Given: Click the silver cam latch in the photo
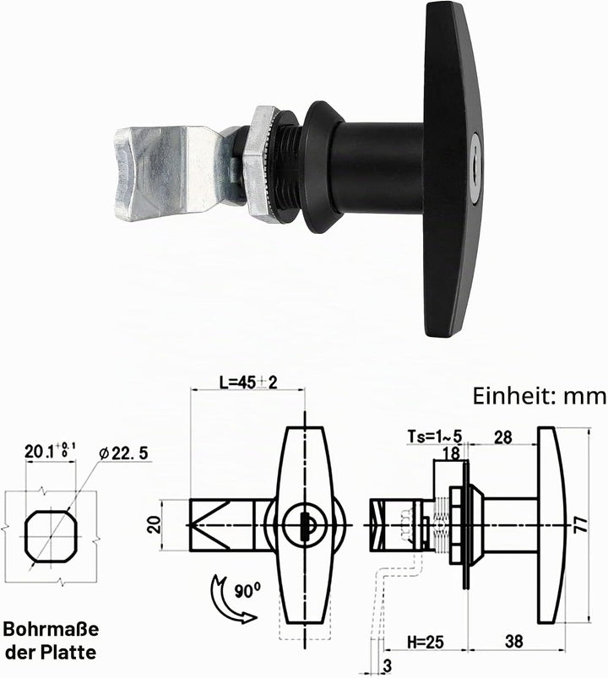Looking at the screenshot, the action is point(173,173).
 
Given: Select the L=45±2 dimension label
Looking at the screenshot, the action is point(247,382).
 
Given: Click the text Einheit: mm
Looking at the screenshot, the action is point(540,397).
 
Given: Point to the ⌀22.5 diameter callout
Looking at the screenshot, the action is point(123,453).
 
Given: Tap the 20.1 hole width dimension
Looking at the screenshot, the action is point(50,452).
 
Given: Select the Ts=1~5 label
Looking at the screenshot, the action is point(435,437).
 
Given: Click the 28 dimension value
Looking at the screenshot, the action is point(503,437).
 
